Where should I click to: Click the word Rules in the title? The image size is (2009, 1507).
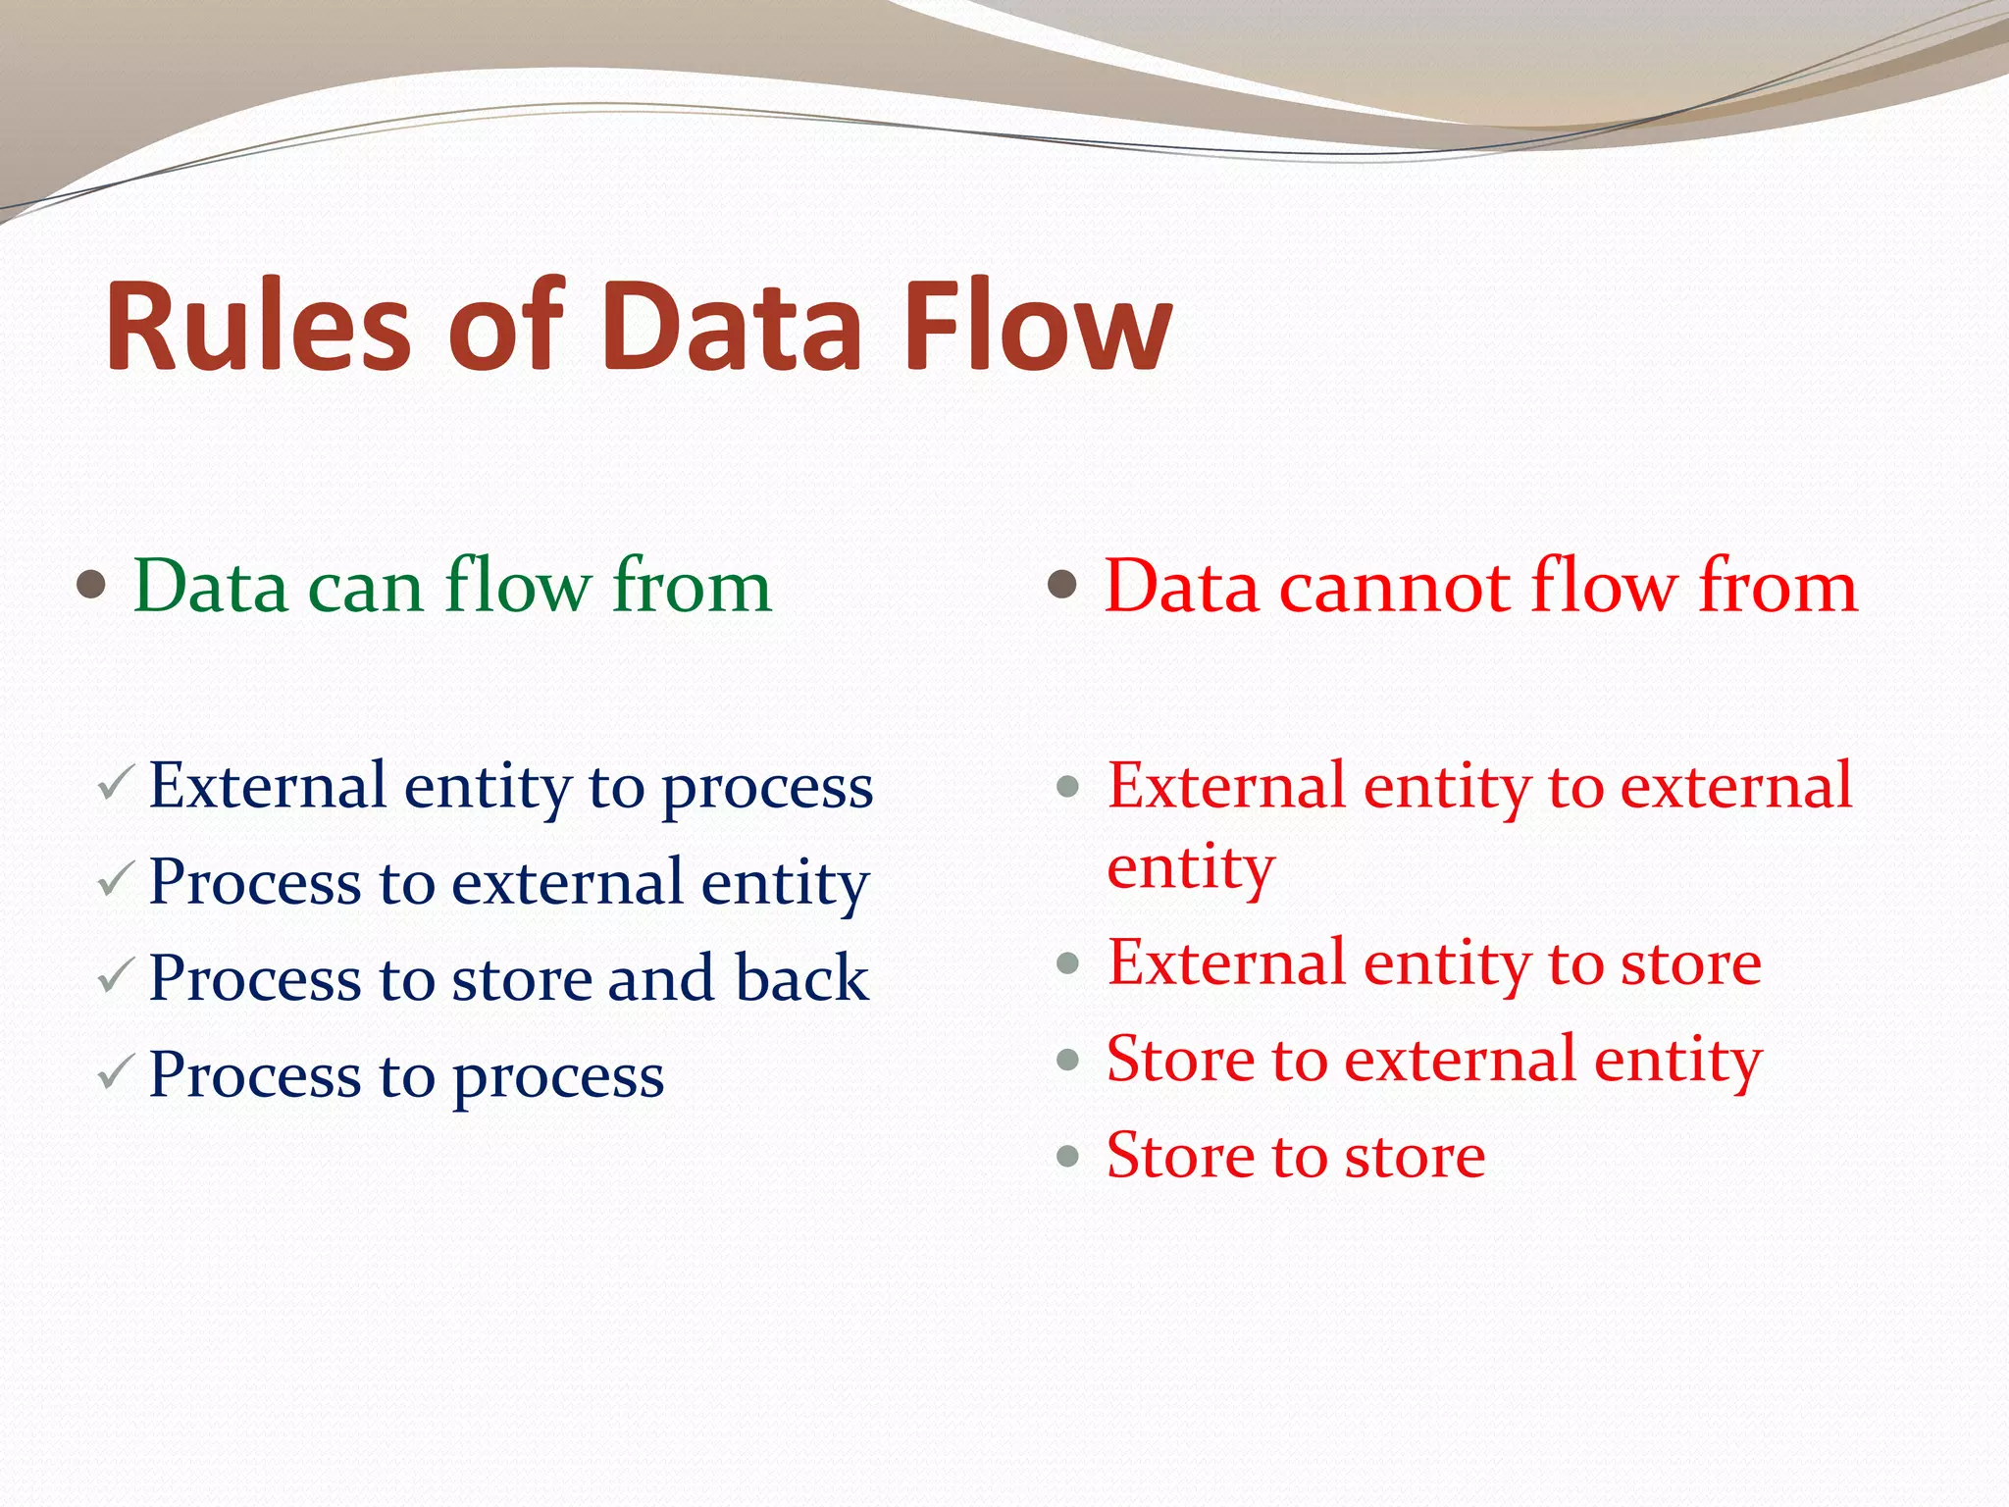(x=257, y=327)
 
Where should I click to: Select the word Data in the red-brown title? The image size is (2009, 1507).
(x=732, y=327)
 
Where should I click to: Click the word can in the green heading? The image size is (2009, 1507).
(x=365, y=588)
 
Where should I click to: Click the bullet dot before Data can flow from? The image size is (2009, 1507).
(x=91, y=586)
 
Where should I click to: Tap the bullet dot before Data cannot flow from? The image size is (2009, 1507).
(x=1062, y=586)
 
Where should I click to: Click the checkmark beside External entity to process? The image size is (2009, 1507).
(x=116, y=784)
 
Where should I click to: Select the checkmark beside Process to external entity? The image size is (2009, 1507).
(x=116, y=880)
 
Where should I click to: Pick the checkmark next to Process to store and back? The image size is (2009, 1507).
(x=116, y=976)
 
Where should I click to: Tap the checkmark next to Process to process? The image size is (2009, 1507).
(x=116, y=1073)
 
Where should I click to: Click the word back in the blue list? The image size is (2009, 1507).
(x=801, y=978)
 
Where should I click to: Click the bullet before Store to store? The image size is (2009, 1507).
(x=1068, y=1156)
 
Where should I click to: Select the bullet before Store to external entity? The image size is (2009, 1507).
(x=1068, y=1060)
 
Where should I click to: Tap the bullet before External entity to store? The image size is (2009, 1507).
(x=1068, y=963)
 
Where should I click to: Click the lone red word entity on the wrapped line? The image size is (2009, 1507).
(x=1191, y=868)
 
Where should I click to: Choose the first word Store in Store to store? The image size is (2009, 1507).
(x=1180, y=1156)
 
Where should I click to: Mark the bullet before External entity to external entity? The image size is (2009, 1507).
(x=1068, y=786)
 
